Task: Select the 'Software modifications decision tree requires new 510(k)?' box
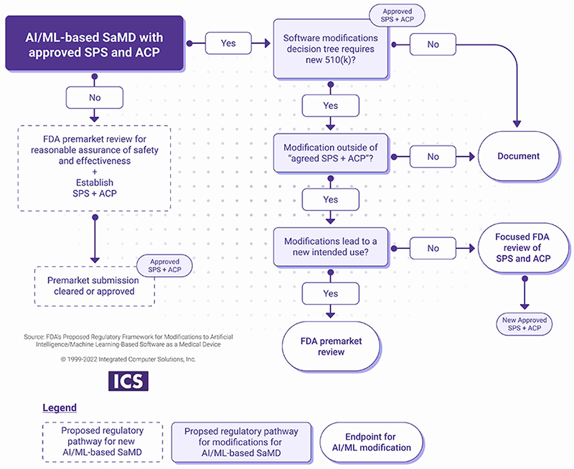pyautogui.click(x=330, y=50)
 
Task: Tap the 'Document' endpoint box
pyautogui.click(x=518, y=156)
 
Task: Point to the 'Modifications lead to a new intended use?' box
pyautogui.click(x=330, y=248)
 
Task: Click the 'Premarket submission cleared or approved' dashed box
pyautogui.click(x=95, y=286)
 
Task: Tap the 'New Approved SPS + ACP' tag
pyautogui.click(x=524, y=324)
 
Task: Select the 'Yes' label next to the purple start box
pyautogui.click(x=228, y=43)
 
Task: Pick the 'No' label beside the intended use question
pyautogui.click(x=433, y=248)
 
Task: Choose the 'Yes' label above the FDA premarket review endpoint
pyautogui.click(x=330, y=293)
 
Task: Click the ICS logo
pyautogui.click(x=128, y=380)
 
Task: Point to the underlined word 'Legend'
pyautogui.click(x=59, y=408)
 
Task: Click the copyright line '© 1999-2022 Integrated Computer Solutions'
pyautogui.click(x=118, y=359)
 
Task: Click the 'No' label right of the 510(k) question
pyautogui.click(x=433, y=44)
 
